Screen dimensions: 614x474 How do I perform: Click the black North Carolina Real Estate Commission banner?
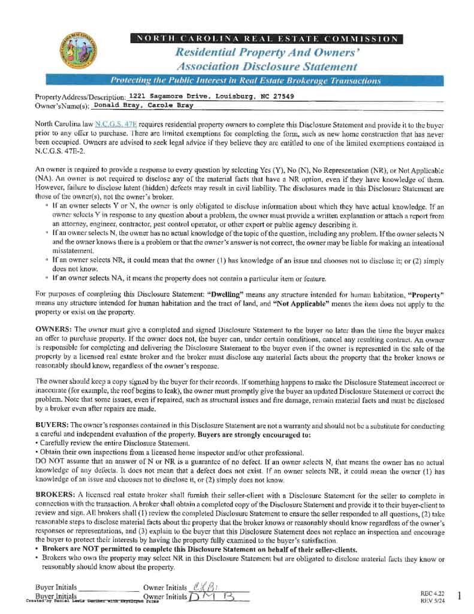click(x=266, y=40)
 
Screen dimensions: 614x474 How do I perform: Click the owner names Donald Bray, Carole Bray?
click(x=143, y=105)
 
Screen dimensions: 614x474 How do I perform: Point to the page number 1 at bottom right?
click(x=458, y=595)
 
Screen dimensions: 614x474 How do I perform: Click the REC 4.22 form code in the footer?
click(x=431, y=593)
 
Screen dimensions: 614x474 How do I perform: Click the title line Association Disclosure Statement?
click(x=267, y=67)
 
